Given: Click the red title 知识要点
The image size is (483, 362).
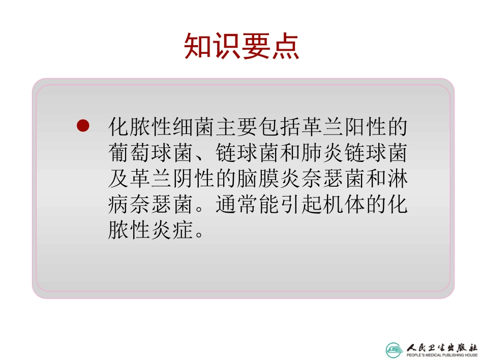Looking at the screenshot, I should click(x=242, y=47).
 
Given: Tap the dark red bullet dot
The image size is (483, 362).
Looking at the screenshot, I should click(x=82, y=125).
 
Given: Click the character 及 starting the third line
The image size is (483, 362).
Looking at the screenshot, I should click(x=118, y=179).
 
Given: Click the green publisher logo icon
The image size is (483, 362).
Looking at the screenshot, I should click(x=394, y=349).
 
